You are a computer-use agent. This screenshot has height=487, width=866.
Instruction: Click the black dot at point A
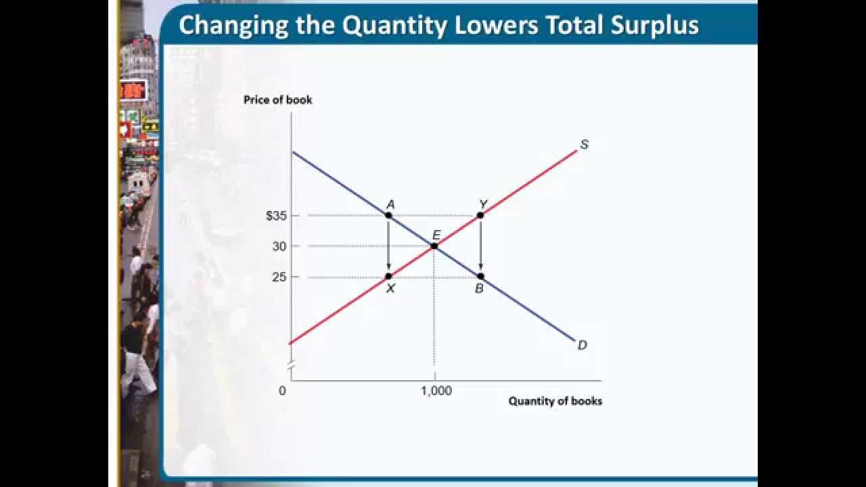pyautogui.click(x=388, y=215)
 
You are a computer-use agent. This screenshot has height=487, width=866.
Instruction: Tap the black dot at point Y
pyautogui.click(x=480, y=215)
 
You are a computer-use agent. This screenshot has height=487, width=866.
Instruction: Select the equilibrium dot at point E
pyautogui.click(x=434, y=246)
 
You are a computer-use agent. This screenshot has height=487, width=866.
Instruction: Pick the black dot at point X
pyautogui.click(x=388, y=276)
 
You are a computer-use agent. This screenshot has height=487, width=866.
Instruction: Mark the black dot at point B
pyautogui.click(x=480, y=276)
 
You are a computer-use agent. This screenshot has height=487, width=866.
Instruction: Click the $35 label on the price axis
pyautogui.click(x=276, y=216)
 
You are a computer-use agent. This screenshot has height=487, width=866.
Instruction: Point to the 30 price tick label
pyautogui.click(x=279, y=246)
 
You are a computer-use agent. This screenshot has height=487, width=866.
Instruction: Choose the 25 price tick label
pyautogui.click(x=279, y=277)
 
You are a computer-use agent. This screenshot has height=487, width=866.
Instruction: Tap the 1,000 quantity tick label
pyautogui.click(x=436, y=391)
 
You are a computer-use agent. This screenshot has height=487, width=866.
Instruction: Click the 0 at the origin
pyautogui.click(x=282, y=391)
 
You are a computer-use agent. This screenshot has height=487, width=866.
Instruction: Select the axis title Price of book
pyautogui.click(x=278, y=100)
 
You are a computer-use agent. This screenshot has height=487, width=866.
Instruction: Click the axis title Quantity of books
pyautogui.click(x=555, y=401)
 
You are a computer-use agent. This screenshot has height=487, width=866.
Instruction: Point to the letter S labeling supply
pyautogui.click(x=584, y=145)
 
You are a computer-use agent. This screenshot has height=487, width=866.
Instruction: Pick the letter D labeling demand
pyautogui.click(x=582, y=345)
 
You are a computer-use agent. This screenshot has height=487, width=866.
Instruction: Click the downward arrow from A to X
pyautogui.click(x=388, y=246)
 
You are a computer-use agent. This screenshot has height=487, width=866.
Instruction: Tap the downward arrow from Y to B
pyautogui.click(x=480, y=246)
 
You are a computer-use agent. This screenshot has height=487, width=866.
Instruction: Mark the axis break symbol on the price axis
pyautogui.click(x=291, y=367)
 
